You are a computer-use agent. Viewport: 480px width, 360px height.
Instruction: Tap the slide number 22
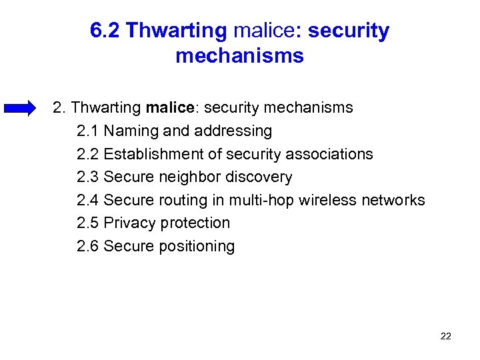pyautogui.click(x=446, y=336)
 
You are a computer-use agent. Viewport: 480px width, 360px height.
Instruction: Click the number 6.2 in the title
pyautogui.click(x=105, y=31)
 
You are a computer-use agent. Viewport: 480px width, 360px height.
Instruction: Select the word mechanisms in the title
pyautogui.click(x=239, y=56)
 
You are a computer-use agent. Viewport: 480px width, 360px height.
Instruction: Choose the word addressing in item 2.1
pyautogui.click(x=232, y=131)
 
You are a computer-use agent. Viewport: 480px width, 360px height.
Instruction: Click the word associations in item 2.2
pyautogui.click(x=329, y=154)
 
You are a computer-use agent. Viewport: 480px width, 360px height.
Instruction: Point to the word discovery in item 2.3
pyautogui.click(x=259, y=177)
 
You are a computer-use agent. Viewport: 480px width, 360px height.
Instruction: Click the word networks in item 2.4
pyautogui.click(x=393, y=200)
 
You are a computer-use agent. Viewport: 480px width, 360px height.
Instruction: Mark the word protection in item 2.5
pyautogui.click(x=197, y=223)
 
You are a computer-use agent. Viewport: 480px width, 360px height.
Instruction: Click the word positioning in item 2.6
pyautogui.click(x=197, y=246)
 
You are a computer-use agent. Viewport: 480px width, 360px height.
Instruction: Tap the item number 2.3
pyautogui.click(x=88, y=177)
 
